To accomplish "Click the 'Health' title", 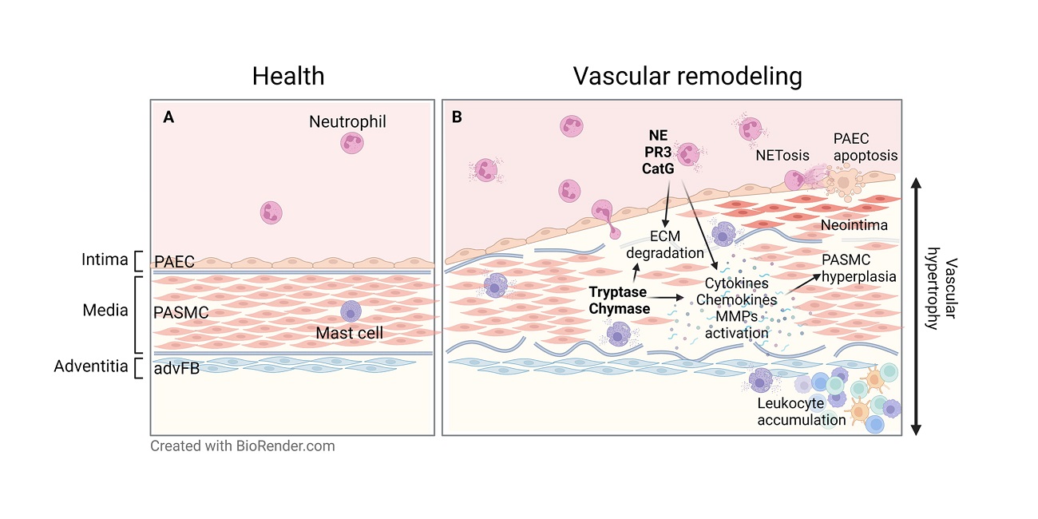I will [x=288, y=76].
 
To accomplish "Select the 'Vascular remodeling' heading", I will [x=687, y=76].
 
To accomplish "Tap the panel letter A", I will [x=168, y=117].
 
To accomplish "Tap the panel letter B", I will [x=458, y=117].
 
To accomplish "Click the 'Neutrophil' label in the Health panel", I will [x=347, y=122].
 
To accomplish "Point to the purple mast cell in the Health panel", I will [x=351, y=312].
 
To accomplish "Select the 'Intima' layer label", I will [x=105, y=259].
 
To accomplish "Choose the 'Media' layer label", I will [x=105, y=309].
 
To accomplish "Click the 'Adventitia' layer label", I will [x=91, y=366].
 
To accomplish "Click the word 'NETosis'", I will [x=782, y=155].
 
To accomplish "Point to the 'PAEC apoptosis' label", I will [x=866, y=146].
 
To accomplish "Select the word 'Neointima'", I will [x=854, y=225].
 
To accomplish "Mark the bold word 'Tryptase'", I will [x=618, y=292].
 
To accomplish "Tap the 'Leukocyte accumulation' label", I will [x=801, y=411].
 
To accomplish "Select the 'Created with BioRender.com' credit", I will [x=243, y=446].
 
